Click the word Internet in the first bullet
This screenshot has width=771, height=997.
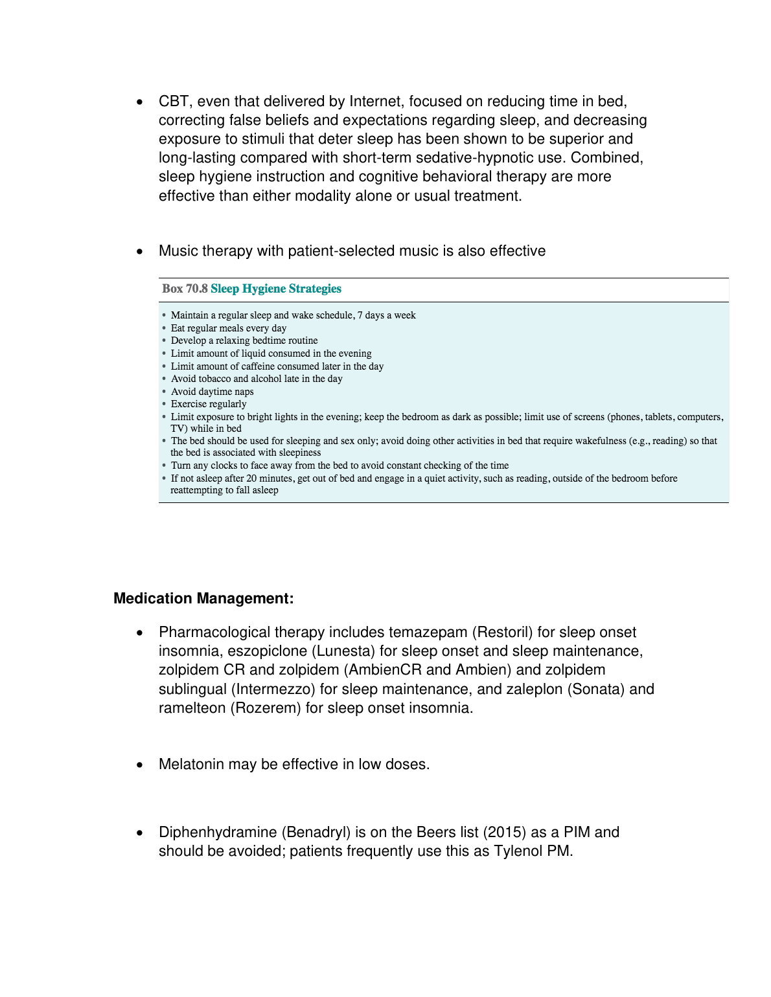(376, 102)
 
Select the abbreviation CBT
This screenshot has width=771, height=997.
(174, 102)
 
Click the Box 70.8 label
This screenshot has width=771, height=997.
(185, 289)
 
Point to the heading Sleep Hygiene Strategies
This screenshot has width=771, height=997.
(276, 289)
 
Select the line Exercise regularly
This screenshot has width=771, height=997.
(209, 404)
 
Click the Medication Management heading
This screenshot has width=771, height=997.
(203, 599)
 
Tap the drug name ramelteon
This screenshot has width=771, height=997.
(192, 708)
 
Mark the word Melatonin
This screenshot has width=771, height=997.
(191, 765)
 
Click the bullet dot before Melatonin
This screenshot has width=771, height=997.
(139, 765)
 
